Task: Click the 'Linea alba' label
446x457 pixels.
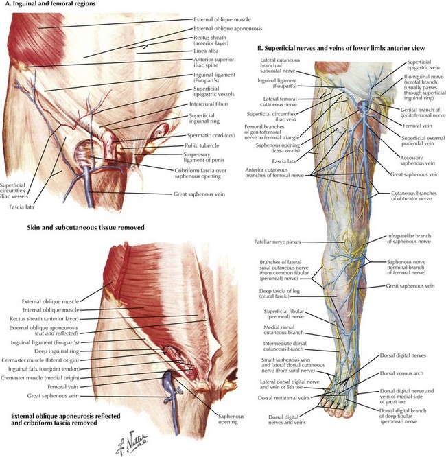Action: point(206,51)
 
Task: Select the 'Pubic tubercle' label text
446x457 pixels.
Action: point(202,145)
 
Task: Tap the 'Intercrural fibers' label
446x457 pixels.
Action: point(209,104)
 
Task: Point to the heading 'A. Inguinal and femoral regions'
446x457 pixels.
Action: point(50,4)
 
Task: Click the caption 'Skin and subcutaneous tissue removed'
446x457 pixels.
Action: point(86,227)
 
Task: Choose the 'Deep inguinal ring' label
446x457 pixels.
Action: point(56,351)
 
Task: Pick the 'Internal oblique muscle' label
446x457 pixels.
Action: point(51,310)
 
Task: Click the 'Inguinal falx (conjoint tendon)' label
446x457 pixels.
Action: point(44,369)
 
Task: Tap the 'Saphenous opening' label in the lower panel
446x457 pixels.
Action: point(231,419)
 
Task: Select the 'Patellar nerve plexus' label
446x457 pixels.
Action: point(277,242)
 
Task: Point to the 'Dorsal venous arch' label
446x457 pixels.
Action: point(401,373)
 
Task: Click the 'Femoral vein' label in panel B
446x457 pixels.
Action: point(417,126)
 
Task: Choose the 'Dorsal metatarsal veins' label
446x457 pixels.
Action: point(283,398)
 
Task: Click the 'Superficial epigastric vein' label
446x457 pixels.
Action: point(423,65)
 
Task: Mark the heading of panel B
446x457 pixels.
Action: point(341,48)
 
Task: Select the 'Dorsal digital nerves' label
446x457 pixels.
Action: point(403,355)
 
